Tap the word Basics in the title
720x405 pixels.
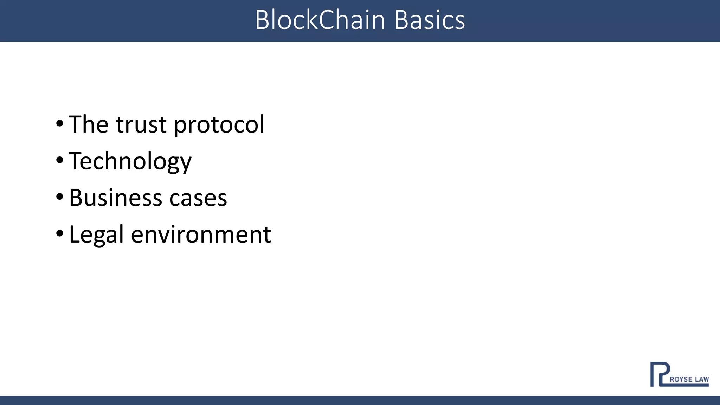tap(429, 20)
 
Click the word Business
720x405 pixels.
tap(115, 198)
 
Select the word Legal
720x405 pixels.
tap(96, 235)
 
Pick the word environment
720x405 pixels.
tap(201, 235)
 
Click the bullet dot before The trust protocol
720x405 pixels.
tap(59, 123)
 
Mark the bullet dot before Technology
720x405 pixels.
tap(59, 160)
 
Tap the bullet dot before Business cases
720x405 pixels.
tap(59, 197)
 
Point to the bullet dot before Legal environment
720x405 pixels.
tap(59, 233)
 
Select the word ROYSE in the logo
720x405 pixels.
tap(681, 379)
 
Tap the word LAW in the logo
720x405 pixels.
tap(702, 379)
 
